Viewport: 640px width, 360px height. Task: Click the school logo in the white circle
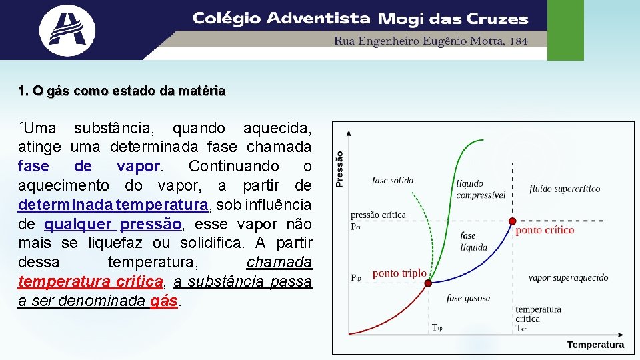click(x=67, y=29)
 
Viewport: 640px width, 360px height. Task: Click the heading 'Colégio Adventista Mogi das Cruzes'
click(x=360, y=19)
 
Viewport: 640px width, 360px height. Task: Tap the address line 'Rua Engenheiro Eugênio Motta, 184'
click(x=431, y=41)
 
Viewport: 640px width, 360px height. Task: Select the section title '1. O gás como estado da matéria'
click(x=122, y=91)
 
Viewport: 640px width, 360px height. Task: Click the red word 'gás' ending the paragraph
click(x=164, y=301)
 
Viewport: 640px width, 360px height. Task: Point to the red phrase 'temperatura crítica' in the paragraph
click(x=91, y=281)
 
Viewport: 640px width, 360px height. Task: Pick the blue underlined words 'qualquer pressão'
click(x=113, y=223)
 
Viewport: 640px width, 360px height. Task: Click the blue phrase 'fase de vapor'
click(x=89, y=165)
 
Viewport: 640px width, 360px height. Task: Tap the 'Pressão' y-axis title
click(x=339, y=168)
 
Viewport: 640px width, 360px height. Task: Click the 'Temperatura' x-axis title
click(x=595, y=345)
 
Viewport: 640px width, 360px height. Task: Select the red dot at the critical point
click(x=512, y=221)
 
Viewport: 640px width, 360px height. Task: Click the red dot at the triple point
click(x=429, y=283)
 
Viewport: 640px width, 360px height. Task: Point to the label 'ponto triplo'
click(x=399, y=274)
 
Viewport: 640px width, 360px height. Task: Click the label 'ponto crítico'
click(x=545, y=231)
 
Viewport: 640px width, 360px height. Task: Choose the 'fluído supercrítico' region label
click(x=565, y=189)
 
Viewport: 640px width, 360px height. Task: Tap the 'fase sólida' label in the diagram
click(x=393, y=180)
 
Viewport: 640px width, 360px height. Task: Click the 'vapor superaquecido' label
click(x=568, y=278)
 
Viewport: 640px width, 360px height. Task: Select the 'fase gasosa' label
click(x=468, y=299)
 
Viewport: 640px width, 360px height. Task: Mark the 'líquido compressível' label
click(x=481, y=189)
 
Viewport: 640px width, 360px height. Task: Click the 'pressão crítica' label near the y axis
click(x=378, y=215)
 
